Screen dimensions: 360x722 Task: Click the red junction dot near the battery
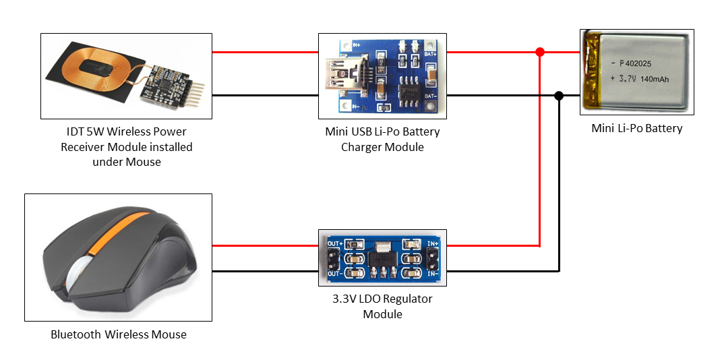coord(539,52)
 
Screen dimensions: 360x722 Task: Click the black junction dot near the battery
coord(559,96)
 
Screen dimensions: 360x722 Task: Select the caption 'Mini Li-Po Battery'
coord(636,128)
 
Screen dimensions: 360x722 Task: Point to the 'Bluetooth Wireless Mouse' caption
coord(118,334)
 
